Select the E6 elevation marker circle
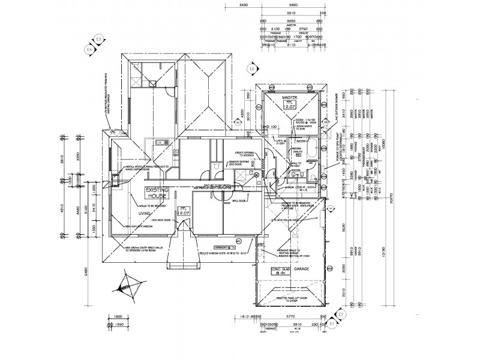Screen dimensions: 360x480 pos(252,69)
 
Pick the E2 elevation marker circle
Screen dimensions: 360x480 pos(341,314)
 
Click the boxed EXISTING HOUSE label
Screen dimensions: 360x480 pos(158,192)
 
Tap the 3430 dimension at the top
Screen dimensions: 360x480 pos(244,5)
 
